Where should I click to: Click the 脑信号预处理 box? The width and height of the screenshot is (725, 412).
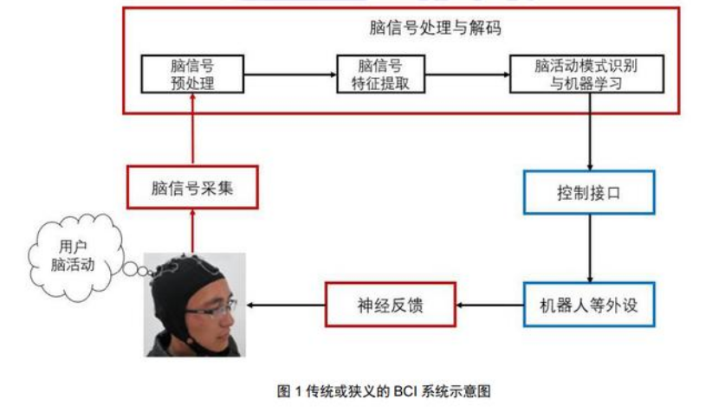coord(193,76)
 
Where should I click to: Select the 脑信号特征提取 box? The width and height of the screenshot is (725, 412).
coord(379,76)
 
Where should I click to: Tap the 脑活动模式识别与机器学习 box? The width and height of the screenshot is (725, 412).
coord(586,76)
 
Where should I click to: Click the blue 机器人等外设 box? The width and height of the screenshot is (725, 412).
coord(589,305)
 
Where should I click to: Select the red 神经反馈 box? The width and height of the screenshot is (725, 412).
coord(391,306)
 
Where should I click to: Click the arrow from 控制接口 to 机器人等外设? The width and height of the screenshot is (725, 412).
coord(590,248)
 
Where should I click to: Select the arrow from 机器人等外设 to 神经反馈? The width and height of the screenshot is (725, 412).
coord(490,306)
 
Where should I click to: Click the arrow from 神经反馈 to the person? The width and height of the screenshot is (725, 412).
coord(286,306)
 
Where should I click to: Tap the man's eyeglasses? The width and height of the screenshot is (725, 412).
coord(211,306)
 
